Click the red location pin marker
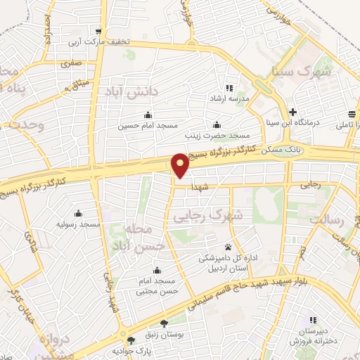(x=181, y=165)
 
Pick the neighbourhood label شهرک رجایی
(x=208, y=217)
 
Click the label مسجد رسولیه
(x=79, y=224)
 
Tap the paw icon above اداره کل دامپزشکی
(x=229, y=247)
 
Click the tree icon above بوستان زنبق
(x=165, y=324)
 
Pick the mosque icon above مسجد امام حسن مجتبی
(x=155, y=271)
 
